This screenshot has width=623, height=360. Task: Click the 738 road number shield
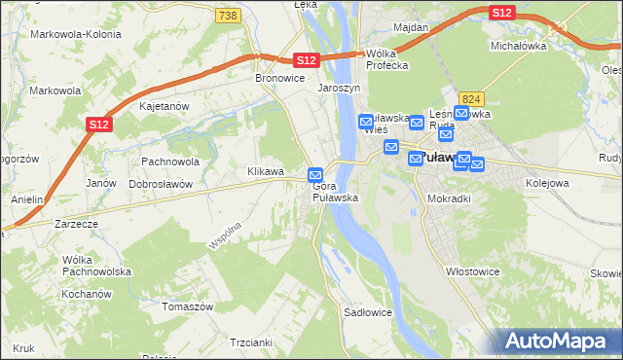coord(229,16)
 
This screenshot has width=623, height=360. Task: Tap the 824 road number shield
coord(473,98)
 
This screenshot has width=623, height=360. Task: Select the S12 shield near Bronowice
coord(307,60)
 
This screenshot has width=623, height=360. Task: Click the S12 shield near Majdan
coord(501,12)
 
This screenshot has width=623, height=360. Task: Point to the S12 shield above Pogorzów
coord(98,125)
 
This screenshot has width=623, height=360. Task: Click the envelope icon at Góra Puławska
coord(315,175)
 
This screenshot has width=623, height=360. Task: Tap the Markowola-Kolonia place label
coord(76,34)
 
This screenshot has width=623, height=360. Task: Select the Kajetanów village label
coord(164,106)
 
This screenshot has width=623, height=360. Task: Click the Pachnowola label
coord(170,162)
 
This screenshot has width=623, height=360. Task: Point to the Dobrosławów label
coord(162,184)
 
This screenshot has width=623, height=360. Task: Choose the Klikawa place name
coord(266,172)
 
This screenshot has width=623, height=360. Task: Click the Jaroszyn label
coord(339,88)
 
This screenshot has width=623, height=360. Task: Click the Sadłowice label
coord(368,313)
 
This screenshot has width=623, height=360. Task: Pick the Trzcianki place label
coord(250,342)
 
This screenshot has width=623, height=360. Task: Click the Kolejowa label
coord(547,182)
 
